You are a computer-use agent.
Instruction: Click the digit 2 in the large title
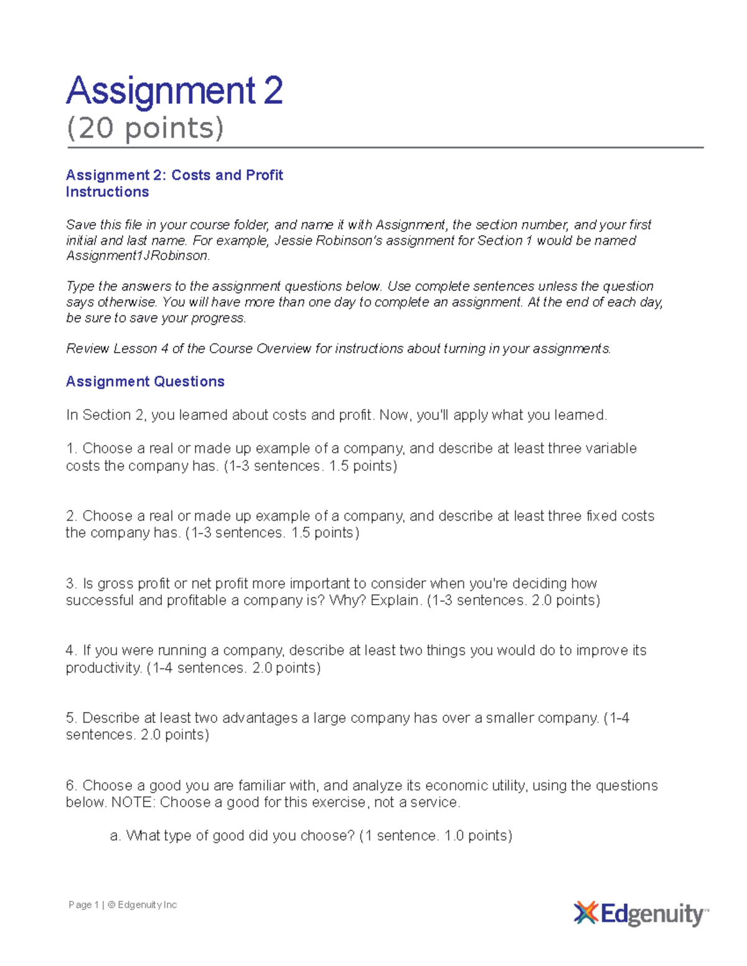pyautogui.click(x=273, y=91)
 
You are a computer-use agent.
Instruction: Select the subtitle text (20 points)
pyautogui.click(x=144, y=128)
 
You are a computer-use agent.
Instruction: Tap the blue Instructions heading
pyautogui.click(x=107, y=192)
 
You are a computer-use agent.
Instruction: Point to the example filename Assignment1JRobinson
pyautogui.click(x=138, y=256)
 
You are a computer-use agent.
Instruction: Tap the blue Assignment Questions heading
pyautogui.click(x=145, y=382)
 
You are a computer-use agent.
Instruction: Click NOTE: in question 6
pyautogui.click(x=133, y=802)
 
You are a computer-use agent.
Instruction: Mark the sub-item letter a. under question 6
pyautogui.click(x=115, y=836)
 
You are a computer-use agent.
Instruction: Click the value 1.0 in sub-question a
pyautogui.click(x=454, y=836)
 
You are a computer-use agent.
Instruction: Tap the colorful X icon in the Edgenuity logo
pyautogui.click(x=586, y=913)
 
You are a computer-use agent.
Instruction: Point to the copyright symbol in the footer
pyautogui.click(x=111, y=905)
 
